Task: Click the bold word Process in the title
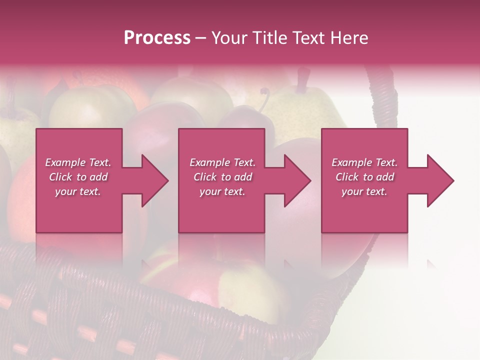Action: pos(157,38)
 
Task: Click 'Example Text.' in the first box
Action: pos(78,162)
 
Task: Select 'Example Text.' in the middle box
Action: pos(222,162)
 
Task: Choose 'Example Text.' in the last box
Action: pos(364,162)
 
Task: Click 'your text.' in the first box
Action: pos(78,191)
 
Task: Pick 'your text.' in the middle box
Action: pos(222,191)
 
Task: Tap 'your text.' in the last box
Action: pos(364,191)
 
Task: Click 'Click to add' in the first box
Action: pos(78,177)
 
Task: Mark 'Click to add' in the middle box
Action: pos(222,177)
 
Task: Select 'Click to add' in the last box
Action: pos(364,177)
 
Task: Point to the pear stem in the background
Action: pos(302,80)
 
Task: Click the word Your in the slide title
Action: pos(229,38)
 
